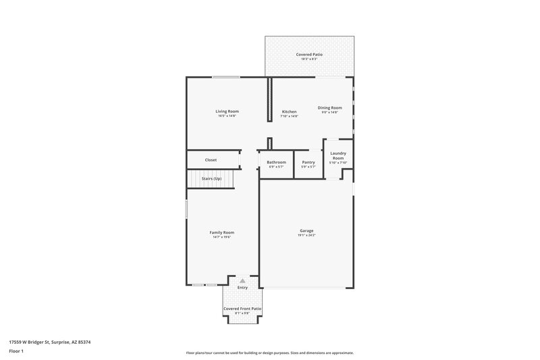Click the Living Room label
[x=227, y=111]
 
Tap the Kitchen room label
[x=289, y=111]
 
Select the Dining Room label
[x=330, y=107]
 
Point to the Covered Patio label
[x=308, y=54]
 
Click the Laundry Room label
[x=337, y=155]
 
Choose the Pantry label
[x=308, y=162]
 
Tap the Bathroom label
[x=276, y=162]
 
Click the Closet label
[x=211, y=160]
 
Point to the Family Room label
[x=221, y=232]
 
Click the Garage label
[x=306, y=230]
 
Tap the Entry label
[x=242, y=288]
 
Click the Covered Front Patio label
[x=242, y=309]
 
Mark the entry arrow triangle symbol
[x=242, y=280]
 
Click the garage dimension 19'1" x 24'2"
[x=306, y=236]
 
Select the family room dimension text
[x=221, y=238]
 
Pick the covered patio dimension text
[x=308, y=59]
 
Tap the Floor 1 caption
[x=16, y=352]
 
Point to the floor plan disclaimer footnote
[x=269, y=353]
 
